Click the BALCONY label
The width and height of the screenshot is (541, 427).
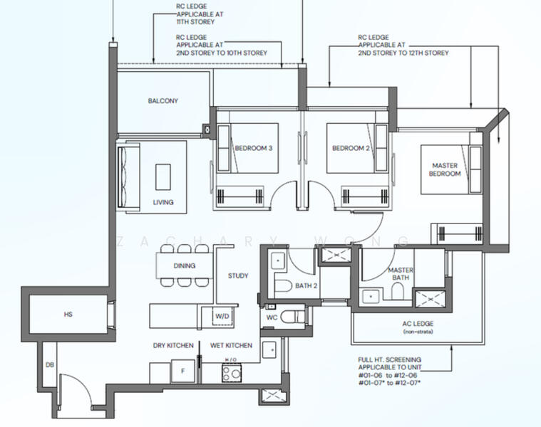163,101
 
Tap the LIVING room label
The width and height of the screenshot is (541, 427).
163,202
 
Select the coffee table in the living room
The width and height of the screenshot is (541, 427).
163,177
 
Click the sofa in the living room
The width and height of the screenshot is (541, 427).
128,177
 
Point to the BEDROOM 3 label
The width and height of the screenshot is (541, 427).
254,148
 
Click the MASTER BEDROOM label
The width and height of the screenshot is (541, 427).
445,169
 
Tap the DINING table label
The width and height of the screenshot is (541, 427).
184,265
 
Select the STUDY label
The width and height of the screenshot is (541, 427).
238,276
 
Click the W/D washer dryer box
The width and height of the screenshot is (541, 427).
222,317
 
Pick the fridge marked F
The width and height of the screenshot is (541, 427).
183,371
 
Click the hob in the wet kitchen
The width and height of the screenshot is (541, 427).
232,373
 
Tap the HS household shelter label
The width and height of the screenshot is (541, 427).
68,315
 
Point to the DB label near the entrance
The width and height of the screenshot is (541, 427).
50,364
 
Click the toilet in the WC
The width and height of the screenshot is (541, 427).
292,317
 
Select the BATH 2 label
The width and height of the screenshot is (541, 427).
306,286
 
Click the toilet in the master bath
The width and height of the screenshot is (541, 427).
398,291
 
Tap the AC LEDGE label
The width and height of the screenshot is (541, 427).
418,324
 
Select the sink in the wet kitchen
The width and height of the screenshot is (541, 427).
269,350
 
